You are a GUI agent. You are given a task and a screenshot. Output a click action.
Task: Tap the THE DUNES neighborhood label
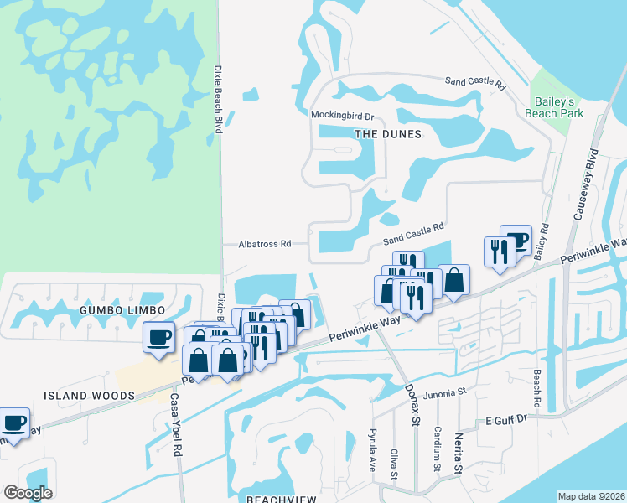tap(386, 133)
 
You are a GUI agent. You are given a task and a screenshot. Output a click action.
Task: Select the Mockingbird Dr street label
tap(342, 115)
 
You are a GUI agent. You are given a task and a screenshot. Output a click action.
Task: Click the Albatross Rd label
tap(264, 244)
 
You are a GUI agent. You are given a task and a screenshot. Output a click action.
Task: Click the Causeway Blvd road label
tap(584, 185)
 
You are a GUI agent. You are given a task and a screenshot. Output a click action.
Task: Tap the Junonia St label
tap(444, 392)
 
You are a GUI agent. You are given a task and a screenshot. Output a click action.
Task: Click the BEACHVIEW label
tap(282, 499)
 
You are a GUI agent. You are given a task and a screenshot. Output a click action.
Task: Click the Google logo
tap(28, 493)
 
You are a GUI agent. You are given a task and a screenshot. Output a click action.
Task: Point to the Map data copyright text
tap(592, 496)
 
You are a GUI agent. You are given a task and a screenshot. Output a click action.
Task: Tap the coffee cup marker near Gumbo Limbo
tap(158, 337)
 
